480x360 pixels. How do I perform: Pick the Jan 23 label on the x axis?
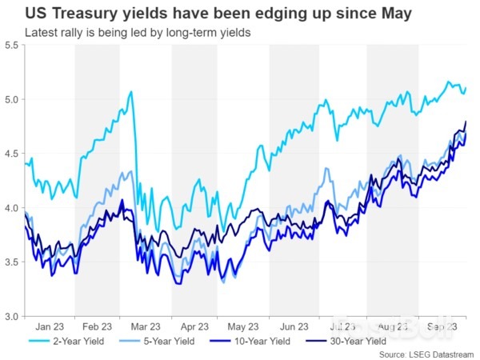tap(50, 326)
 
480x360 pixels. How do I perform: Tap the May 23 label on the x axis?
tap(243, 326)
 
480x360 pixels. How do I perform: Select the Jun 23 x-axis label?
tap(294, 326)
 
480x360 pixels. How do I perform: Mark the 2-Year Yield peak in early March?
tap(130, 92)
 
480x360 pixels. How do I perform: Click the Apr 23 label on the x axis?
tap(195, 326)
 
